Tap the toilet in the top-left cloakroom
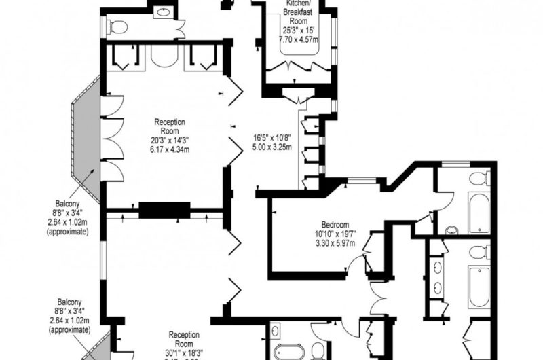tap(118, 26)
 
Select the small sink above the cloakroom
tap(163, 12)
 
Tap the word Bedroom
tap(335, 225)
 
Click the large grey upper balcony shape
tap(87, 142)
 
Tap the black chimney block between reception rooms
tap(165, 211)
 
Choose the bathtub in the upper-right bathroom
tap(479, 213)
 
